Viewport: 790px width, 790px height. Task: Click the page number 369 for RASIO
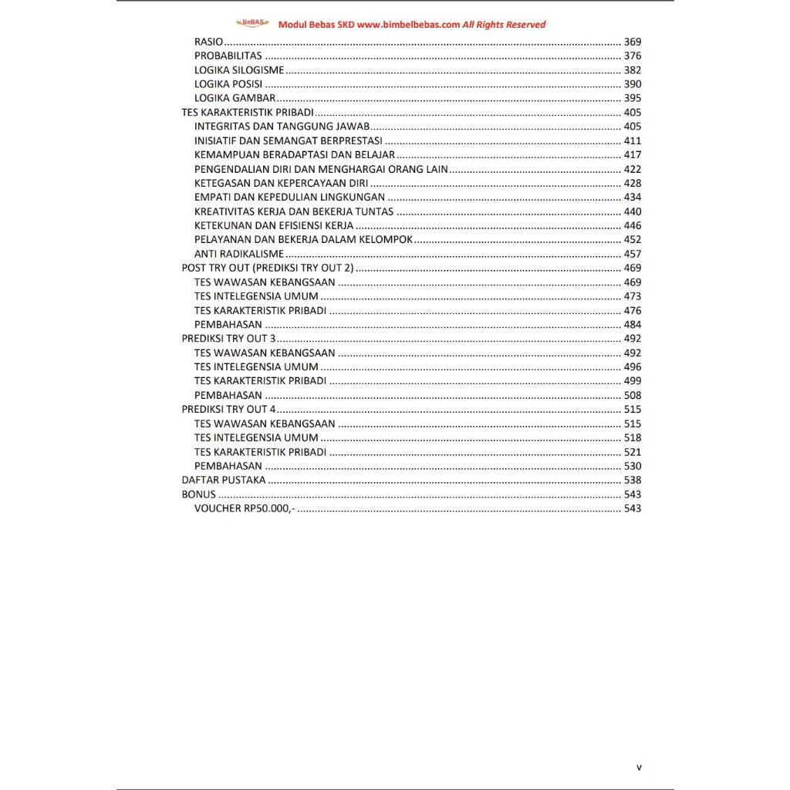point(633,42)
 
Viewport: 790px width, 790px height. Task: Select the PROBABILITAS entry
point(228,56)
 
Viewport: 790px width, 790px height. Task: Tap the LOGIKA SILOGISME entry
point(239,70)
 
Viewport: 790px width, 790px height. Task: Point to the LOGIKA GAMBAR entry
point(235,98)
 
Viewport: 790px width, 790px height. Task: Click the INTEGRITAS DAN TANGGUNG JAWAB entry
point(283,127)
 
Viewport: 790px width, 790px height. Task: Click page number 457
point(633,254)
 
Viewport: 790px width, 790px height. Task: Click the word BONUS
point(199,494)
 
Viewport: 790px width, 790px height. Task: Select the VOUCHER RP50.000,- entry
point(245,508)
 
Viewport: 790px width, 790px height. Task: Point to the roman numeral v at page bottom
point(639,768)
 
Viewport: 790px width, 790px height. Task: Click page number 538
point(633,480)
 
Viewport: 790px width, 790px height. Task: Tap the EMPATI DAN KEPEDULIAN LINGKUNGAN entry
point(289,197)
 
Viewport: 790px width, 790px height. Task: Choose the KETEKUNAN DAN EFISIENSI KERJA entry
point(274,225)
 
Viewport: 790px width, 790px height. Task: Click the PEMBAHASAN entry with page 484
point(228,325)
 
